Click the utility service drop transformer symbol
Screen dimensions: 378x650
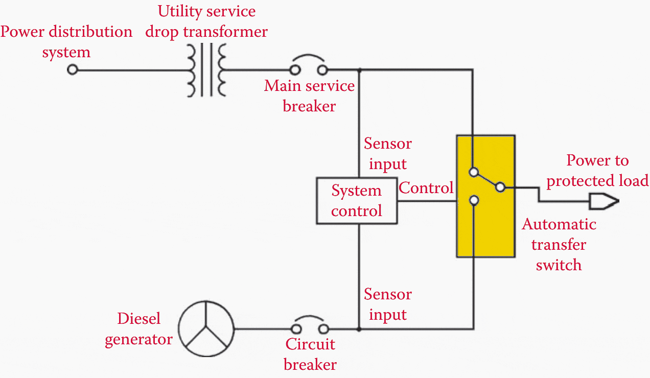[206, 70]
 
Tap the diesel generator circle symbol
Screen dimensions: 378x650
[206, 328]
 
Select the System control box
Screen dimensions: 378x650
[357, 201]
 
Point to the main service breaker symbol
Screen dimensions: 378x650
[309, 67]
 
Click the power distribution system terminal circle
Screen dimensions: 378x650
[73, 69]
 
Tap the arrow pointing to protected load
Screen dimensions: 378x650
[603, 201]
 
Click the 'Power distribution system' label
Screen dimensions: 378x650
[66, 42]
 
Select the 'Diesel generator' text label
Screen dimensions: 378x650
[138, 329]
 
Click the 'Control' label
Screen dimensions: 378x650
[426, 188]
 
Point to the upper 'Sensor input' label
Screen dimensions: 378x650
[387, 154]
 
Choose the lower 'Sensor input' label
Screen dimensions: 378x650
[387, 304]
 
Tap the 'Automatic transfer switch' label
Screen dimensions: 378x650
[559, 245]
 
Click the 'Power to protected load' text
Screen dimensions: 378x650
[597, 171]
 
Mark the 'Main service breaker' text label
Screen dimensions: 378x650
[309, 96]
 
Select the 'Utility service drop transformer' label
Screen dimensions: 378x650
[206, 21]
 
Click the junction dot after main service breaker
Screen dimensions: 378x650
[359, 70]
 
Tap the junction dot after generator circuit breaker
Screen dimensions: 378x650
[359, 329]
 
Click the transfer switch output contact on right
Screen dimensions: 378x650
[500, 187]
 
